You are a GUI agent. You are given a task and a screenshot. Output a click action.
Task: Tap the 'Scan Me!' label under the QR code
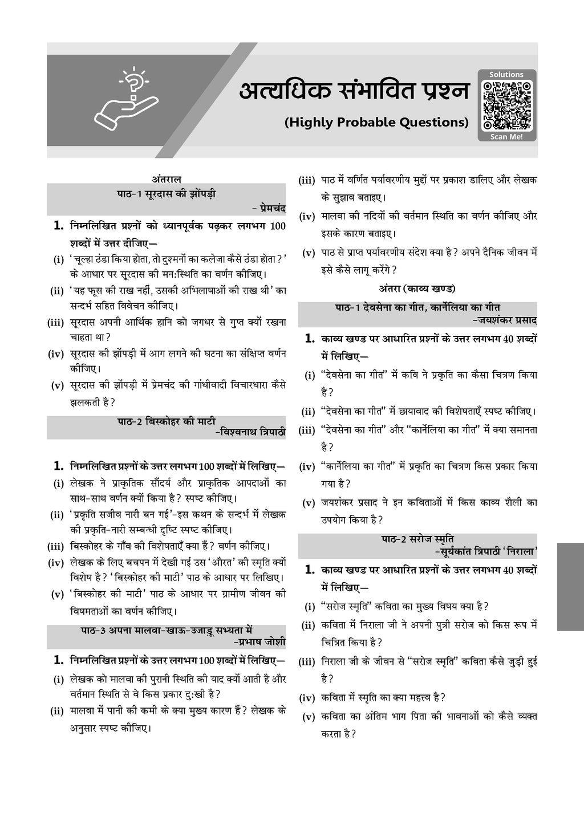click(x=506, y=137)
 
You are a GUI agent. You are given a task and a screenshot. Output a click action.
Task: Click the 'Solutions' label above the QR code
click(x=506, y=74)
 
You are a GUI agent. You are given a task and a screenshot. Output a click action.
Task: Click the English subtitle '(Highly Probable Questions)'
click(x=376, y=122)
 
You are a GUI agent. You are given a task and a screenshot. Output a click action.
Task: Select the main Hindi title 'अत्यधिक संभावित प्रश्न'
click(x=353, y=92)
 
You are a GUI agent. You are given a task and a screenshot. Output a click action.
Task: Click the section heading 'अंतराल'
click(x=167, y=178)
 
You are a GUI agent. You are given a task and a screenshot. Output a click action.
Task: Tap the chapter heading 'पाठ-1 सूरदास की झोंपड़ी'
click(x=167, y=194)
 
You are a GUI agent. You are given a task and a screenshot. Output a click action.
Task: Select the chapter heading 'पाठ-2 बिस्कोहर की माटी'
click(x=167, y=421)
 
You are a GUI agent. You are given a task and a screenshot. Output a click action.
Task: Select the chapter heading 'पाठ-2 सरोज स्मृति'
click(x=418, y=538)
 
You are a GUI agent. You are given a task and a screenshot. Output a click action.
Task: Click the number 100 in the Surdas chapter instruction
click(x=278, y=226)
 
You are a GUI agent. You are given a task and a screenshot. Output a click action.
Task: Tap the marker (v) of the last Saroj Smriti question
click(x=309, y=717)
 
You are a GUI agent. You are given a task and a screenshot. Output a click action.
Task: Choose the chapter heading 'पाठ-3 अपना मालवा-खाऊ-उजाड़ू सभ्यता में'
click(x=167, y=631)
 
